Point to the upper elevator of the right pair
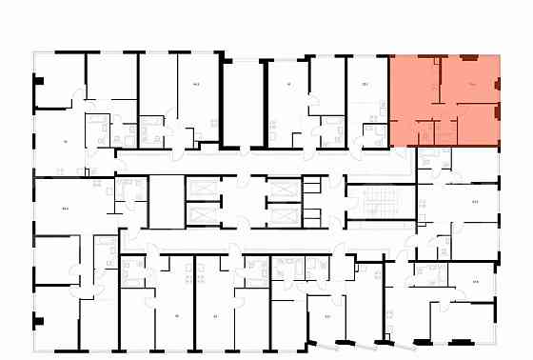click(284, 189)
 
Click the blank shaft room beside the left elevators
click(164, 200)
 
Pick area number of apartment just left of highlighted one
click(365, 84)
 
